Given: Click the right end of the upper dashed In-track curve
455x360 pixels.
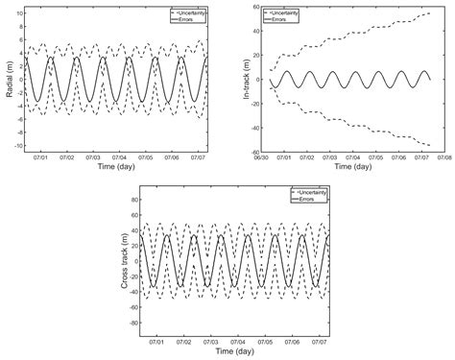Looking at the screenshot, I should (430, 14).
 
